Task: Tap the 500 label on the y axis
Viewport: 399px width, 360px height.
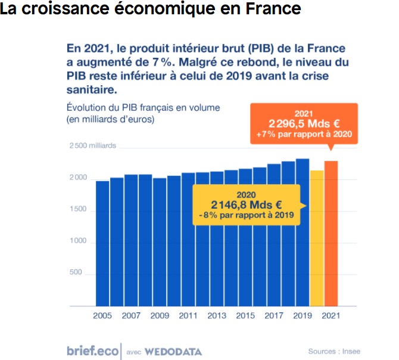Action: click(x=76, y=273)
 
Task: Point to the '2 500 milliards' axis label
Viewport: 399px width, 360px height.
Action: click(x=93, y=146)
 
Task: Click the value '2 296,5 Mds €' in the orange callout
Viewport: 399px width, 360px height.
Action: click(x=304, y=124)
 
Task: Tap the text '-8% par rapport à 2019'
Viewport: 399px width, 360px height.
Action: click(x=246, y=215)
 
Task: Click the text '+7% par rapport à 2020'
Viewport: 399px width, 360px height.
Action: click(x=304, y=135)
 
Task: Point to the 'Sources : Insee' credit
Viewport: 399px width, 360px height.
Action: click(x=334, y=351)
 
